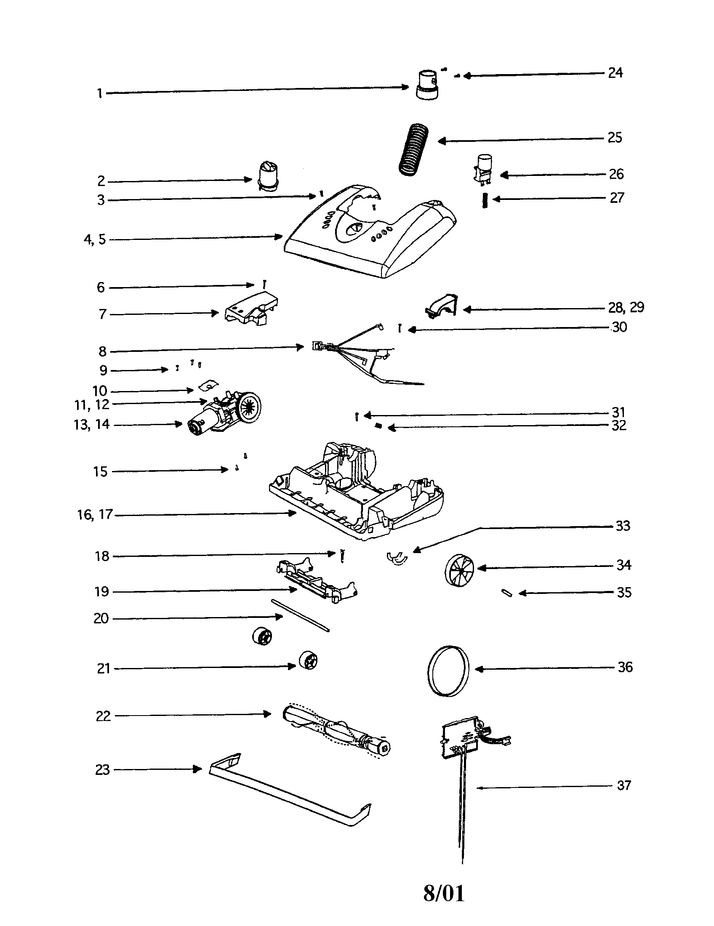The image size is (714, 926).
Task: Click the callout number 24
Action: pos(615,73)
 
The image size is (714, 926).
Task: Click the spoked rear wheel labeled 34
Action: pos(460,570)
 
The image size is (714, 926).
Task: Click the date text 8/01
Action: pos(443,893)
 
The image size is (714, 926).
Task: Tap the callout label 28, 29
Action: pos(626,307)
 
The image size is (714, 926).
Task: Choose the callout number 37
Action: pos(623,785)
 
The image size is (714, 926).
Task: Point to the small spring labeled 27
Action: pos(485,200)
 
